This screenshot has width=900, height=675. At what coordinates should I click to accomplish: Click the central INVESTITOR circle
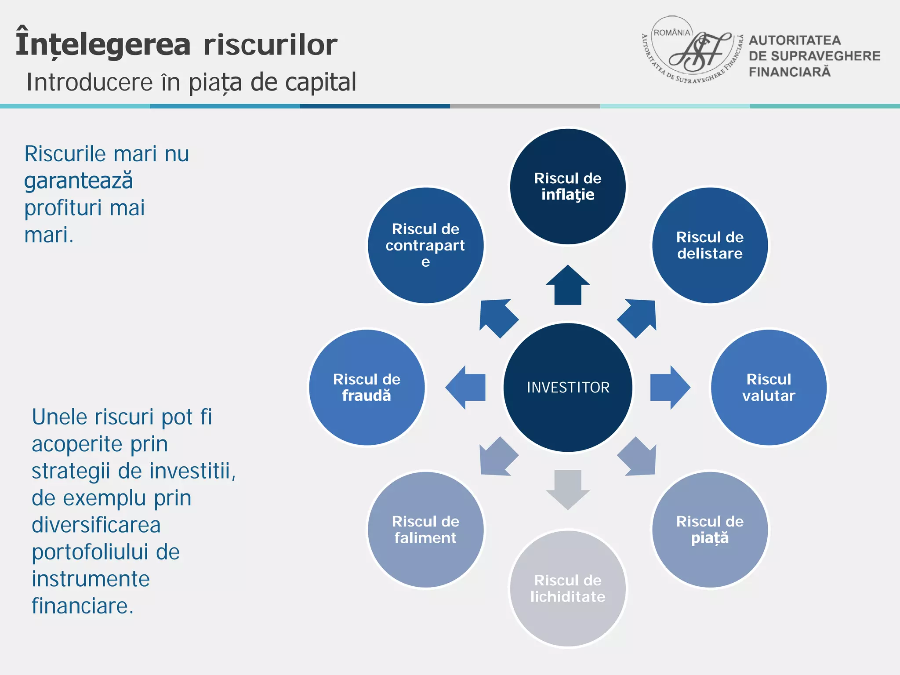coord(568,387)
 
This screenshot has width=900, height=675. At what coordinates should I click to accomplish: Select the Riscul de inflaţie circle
coord(568,186)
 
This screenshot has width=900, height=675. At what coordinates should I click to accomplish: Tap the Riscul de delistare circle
coord(710,245)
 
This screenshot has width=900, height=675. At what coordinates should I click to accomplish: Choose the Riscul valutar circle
coord(769,387)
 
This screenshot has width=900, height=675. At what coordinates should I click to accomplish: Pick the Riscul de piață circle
coord(710,529)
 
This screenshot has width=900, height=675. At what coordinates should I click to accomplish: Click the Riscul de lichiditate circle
coord(568,588)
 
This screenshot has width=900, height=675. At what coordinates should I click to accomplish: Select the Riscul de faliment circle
coord(425,529)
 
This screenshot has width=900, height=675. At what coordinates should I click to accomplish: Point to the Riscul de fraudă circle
coord(367,387)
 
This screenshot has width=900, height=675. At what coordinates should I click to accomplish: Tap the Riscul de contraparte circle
coord(425,245)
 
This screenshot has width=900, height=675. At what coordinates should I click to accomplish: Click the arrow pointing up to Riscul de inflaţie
coord(568,287)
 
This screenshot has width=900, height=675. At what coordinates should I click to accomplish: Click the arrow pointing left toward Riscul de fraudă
coord(467,387)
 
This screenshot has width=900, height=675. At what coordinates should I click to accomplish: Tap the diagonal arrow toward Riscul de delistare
coord(639,317)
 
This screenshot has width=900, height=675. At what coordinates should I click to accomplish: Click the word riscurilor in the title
coord(270,45)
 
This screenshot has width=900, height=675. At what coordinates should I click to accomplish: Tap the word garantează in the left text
coord(78,181)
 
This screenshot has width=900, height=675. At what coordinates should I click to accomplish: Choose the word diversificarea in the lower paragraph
coord(96,525)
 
